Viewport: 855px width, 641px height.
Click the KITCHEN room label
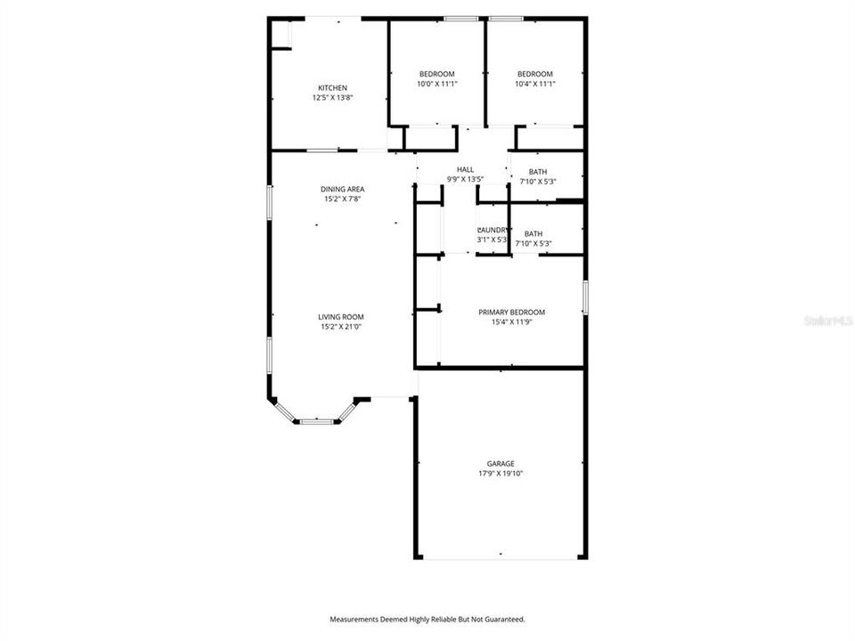pyautogui.click(x=332, y=87)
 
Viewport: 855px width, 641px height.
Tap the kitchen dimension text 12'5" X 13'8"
pyautogui.click(x=332, y=98)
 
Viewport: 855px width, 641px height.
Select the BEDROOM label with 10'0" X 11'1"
pyautogui.click(x=436, y=74)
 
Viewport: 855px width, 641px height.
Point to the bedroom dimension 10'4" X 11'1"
pyautogui.click(x=535, y=85)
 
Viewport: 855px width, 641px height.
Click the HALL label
pyautogui.click(x=465, y=169)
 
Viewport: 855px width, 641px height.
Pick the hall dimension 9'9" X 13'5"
pyautogui.click(x=465, y=180)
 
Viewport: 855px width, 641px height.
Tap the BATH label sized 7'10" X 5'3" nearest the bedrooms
pyautogui.click(x=538, y=172)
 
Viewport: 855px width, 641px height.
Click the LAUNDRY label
pyautogui.click(x=493, y=230)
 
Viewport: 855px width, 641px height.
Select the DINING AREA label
pyautogui.click(x=343, y=189)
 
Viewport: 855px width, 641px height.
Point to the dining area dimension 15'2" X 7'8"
pyautogui.click(x=343, y=199)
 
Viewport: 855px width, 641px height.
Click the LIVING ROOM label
pyautogui.click(x=341, y=317)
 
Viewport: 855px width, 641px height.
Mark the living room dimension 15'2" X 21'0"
pyautogui.click(x=341, y=328)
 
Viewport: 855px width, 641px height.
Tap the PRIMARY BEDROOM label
pyautogui.click(x=511, y=312)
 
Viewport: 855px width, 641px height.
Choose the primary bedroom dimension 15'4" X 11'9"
pyautogui.click(x=511, y=323)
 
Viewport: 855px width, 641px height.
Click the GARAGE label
pyautogui.click(x=500, y=463)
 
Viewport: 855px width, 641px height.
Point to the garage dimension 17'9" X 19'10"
pyautogui.click(x=500, y=474)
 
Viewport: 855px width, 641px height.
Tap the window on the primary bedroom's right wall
pyautogui.click(x=585, y=297)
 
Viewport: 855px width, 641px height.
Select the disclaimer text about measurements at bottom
pyautogui.click(x=427, y=619)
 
